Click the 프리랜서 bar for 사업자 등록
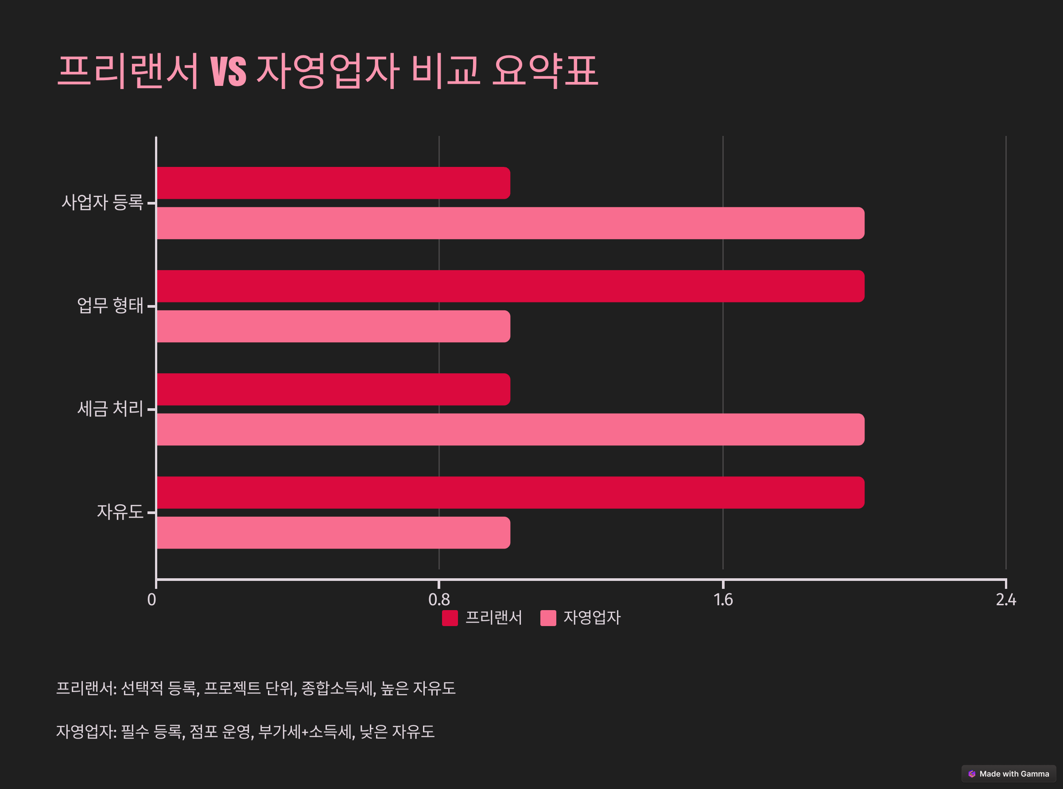coord(334,183)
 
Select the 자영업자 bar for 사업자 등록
coord(510,223)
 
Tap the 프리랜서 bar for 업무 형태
coord(510,286)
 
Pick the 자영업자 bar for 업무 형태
coord(334,326)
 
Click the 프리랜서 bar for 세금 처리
coord(334,389)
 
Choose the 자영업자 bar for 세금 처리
coord(510,429)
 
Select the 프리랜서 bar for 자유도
coord(510,492)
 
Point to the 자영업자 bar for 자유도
coord(334,533)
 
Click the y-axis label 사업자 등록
coord(102,202)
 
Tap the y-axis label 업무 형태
coord(110,306)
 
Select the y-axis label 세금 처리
coord(110,409)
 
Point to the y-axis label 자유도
coord(120,512)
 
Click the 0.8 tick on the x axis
coord(439,599)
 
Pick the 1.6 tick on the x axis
coord(723,599)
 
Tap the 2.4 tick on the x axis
coord(1006,599)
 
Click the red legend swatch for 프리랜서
coord(450,618)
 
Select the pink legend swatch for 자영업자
coord(548,618)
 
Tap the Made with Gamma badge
coord(1009,774)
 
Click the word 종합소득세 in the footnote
coord(338,688)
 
